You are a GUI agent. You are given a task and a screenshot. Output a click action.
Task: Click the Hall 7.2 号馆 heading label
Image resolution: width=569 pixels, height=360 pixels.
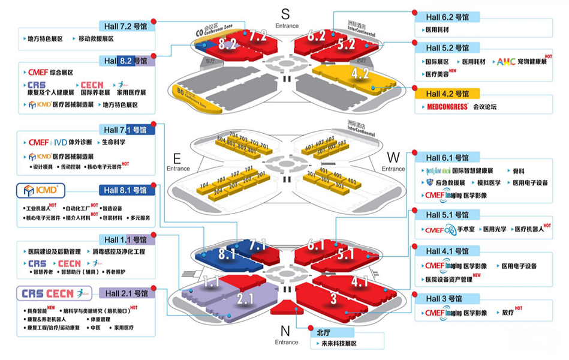coord(127,26)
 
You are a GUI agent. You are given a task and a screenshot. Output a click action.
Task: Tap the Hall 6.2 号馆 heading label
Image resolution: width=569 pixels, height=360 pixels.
coord(447,16)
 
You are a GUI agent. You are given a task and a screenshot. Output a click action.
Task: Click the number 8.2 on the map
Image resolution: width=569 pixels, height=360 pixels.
coord(227,43)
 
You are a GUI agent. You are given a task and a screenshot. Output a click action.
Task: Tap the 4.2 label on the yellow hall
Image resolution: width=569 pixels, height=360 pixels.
coord(360,74)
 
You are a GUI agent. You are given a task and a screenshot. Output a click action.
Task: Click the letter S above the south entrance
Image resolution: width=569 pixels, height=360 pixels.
coord(285,13)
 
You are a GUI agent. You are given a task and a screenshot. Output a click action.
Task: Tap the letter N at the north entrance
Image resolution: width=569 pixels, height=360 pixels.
coord(285,331)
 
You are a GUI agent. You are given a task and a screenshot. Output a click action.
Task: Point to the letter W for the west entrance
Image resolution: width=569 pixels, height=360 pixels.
coord(393,157)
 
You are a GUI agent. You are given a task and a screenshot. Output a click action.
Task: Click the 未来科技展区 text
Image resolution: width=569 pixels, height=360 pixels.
coord(338,344)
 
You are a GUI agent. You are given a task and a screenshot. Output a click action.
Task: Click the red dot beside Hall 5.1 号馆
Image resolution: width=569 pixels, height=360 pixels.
coord(413,212)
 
